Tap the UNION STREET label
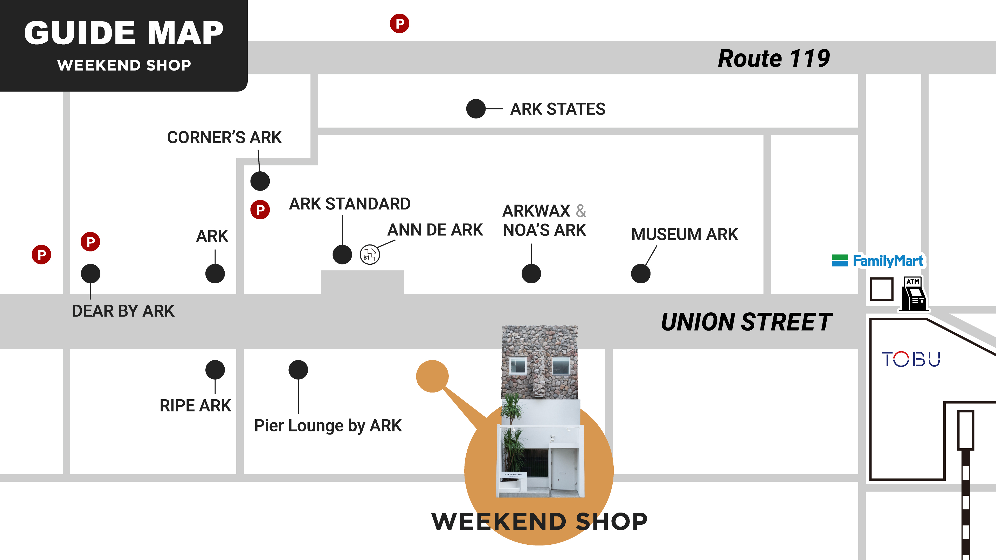[746, 322]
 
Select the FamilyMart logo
[878, 261]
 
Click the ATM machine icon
[914, 294]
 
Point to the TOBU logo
[911, 359]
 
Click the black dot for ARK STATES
[476, 109]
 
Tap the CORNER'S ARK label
[224, 137]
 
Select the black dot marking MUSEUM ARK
[640, 274]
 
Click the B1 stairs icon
[370, 255]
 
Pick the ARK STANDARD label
[350, 204]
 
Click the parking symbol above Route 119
[399, 24]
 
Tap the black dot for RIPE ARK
[215, 370]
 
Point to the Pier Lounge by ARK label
[328, 425]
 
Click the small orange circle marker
[432, 376]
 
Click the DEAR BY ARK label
[123, 311]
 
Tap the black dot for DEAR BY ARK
[91, 274]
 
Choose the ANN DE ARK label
[435, 230]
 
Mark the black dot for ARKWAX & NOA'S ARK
[531, 274]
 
